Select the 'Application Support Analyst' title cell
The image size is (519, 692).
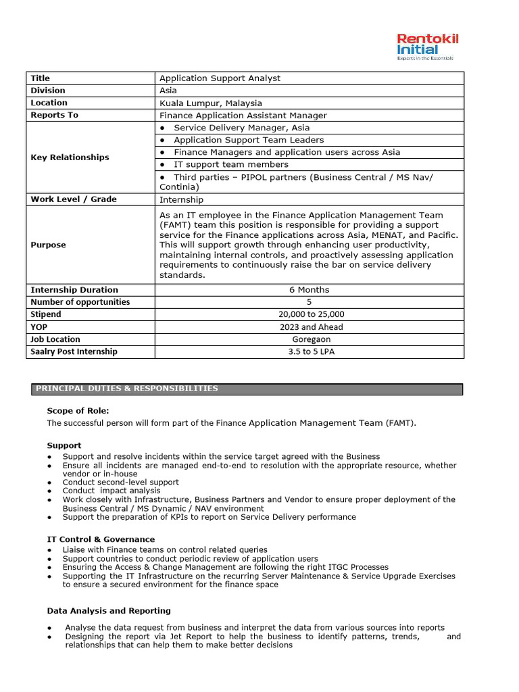(x=220, y=78)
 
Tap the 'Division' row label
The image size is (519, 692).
(x=48, y=91)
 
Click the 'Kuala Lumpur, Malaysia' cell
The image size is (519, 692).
(x=210, y=103)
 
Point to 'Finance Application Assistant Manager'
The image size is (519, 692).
(x=243, y=116)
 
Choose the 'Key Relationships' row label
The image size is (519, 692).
(x=70, y=157)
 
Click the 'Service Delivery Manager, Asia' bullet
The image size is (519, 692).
(x=241, y=128)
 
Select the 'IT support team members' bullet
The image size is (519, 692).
(x=230, y=164)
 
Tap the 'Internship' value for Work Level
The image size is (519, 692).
(x=181, y=199)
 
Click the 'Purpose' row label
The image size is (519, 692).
(x=48, y=245)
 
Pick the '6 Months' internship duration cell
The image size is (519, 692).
(x=309, y=290)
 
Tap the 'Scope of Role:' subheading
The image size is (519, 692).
(x=78, y=411)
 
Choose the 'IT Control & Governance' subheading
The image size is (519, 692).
(x=101, y=539)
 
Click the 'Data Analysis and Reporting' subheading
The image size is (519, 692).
(x=109, y=611)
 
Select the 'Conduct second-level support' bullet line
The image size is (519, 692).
(x=120, y=483)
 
